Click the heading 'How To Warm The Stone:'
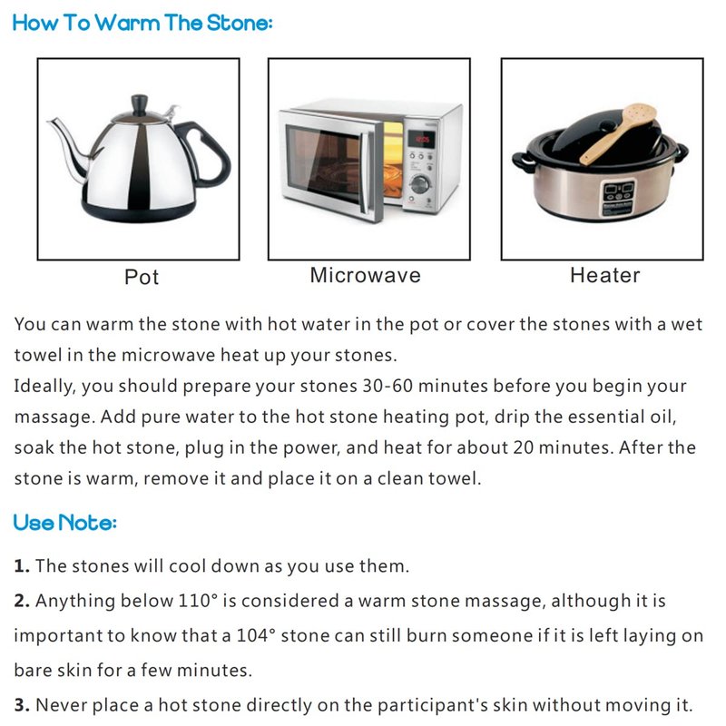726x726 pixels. tap(142, 23)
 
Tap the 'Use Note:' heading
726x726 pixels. tap(64, 523)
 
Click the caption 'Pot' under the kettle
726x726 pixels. tap(142, 277)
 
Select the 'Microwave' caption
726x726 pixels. tap(366, 275)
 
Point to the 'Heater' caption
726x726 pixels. tap(604, 275)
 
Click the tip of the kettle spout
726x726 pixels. tap(49, 121)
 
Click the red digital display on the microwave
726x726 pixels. tap(421, 139)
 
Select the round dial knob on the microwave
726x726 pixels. tap(420, 184)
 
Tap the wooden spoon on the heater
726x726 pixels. tap(618, 133)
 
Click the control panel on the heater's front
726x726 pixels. tap(618, 198)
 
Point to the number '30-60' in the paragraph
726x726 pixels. tap(388, 386)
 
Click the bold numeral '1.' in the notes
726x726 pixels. tap(22, 565)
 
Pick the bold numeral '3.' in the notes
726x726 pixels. tap(22, 705)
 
